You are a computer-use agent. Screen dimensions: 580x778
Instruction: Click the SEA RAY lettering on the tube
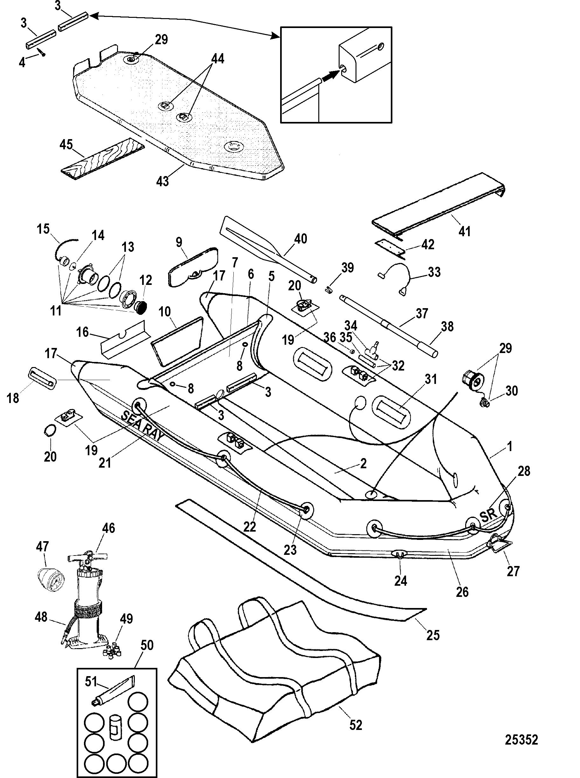coord(142,426)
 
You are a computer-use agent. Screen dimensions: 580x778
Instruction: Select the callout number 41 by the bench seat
coord(465,231)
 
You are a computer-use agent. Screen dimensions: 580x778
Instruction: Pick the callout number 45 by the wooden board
coord(66,145)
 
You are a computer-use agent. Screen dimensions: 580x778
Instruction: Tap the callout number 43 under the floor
coord(162,181)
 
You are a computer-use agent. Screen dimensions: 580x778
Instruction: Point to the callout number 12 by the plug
coord(146,280)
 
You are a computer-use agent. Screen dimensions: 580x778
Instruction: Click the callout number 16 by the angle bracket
coord(82,332)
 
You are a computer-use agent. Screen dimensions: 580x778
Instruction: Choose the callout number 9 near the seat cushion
coord(179,242)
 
